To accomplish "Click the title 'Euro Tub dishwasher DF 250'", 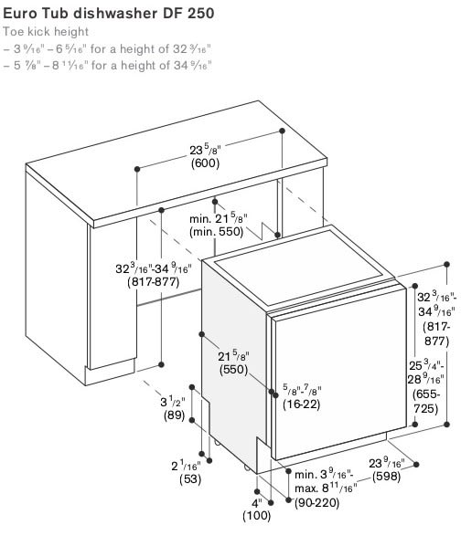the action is coord(109,13).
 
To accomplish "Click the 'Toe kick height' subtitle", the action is coord(46,32).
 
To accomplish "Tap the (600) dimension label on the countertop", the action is coord(205,163).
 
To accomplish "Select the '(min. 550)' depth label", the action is coord(216,232).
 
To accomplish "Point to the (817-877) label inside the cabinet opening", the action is coord(154,282).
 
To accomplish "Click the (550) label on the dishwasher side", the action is coord(233,370).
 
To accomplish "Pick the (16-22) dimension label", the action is coord(301,404).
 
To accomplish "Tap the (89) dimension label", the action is coord(174,415).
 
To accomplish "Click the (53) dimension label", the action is coord(190,479).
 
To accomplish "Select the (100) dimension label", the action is coord(256,515).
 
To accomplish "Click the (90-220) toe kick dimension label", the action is coord(316,503).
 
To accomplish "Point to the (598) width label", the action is coord(386,477).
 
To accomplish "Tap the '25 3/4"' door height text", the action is coord(426,365).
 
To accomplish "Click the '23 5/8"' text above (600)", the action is coord(206,150).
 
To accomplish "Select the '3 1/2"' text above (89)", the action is coord(172,402).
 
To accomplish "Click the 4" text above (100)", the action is coord(257,503).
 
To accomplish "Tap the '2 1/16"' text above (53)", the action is coord(186,466).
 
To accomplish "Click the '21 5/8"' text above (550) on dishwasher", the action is coord(233,356).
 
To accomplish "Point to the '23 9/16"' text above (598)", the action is coord(386,463).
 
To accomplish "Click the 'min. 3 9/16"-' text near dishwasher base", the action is coord(325,475).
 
